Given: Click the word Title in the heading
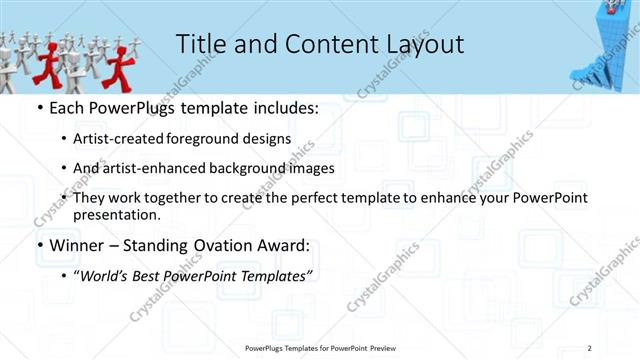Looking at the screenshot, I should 201,44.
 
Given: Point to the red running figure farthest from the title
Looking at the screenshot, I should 44,62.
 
